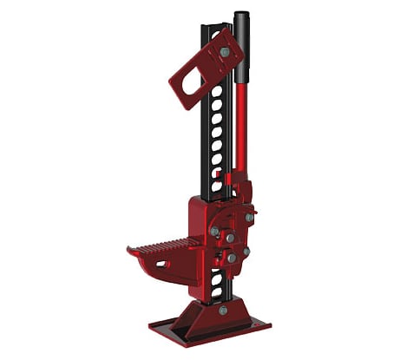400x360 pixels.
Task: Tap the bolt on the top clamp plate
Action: coord(225,53)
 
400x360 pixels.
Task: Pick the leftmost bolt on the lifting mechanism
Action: coord(213,232)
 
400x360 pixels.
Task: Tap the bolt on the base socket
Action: coord(223,310)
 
